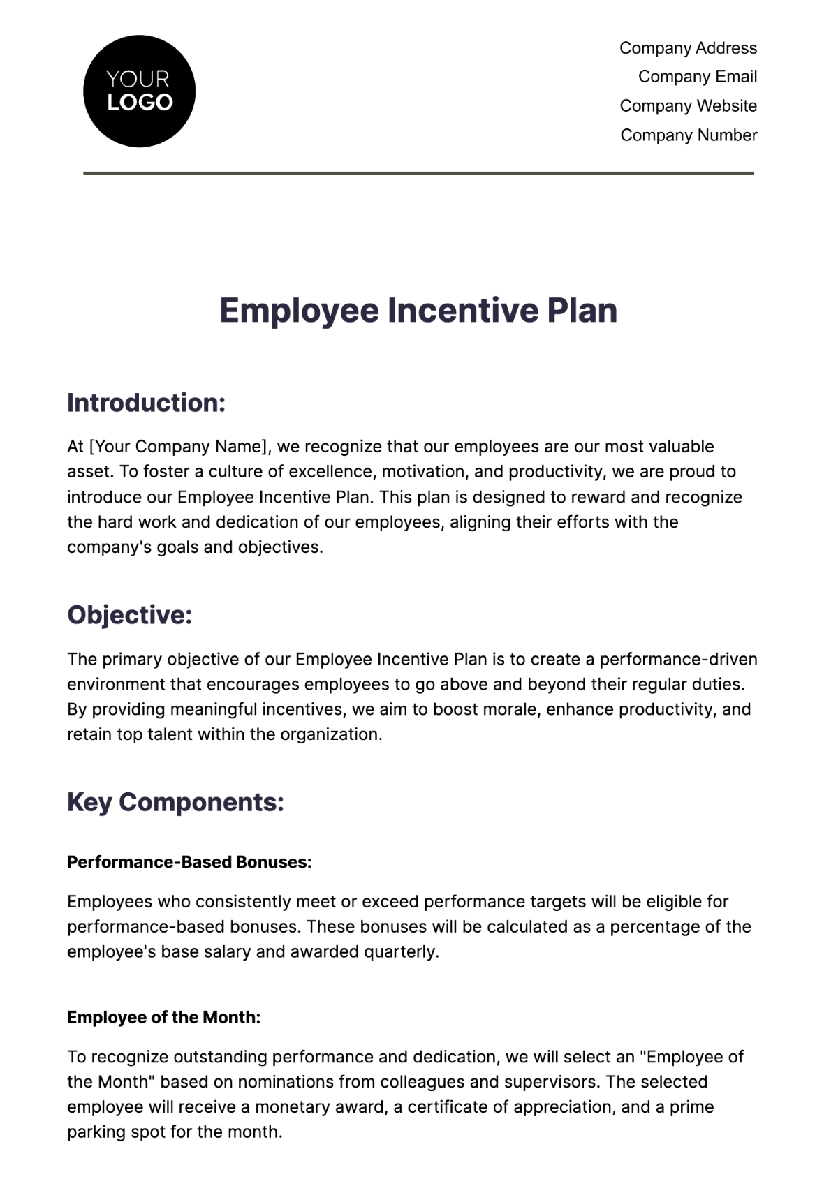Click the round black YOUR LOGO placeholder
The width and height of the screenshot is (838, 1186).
139,91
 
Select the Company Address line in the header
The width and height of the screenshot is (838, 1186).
688,48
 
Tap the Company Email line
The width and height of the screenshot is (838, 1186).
697,77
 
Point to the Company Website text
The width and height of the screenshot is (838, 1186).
688,106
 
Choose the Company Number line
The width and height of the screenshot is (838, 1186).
689,135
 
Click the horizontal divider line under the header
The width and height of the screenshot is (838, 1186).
418,173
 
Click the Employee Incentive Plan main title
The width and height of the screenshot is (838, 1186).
418,311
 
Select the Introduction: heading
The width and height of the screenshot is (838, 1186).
146,403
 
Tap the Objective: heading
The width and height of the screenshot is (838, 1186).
129,615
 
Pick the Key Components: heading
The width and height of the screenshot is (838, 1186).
175,802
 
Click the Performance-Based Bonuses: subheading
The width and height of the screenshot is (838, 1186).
189,862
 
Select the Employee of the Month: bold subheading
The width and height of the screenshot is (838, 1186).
163,1018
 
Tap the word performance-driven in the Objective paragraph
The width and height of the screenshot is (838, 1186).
678,660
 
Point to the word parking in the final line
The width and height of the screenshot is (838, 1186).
96,1132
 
